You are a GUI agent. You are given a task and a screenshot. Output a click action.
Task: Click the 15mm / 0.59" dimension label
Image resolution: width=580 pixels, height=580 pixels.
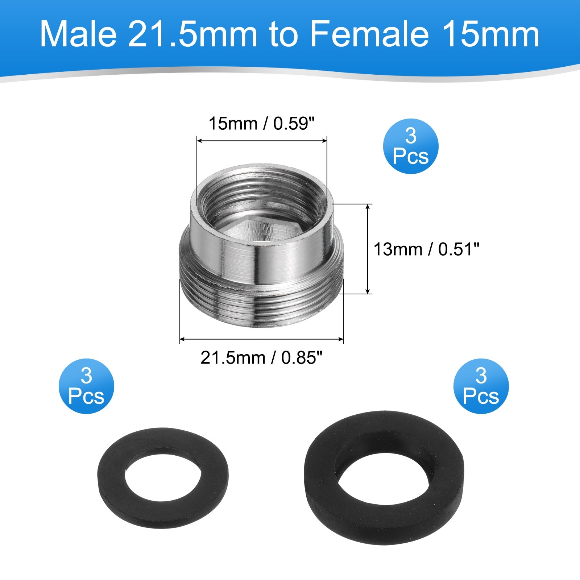261,124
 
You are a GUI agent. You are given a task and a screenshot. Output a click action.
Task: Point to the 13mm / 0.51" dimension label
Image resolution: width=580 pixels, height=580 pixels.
426,249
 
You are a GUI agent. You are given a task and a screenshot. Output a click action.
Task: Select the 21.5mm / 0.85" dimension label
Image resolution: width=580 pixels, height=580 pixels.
261,358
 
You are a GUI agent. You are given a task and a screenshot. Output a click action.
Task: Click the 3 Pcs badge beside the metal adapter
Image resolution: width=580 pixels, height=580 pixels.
411,146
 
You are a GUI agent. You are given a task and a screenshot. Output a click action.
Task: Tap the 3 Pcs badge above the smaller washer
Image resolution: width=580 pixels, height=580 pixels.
86,386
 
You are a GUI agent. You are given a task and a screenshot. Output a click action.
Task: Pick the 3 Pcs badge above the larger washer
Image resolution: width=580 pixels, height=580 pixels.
481,386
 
